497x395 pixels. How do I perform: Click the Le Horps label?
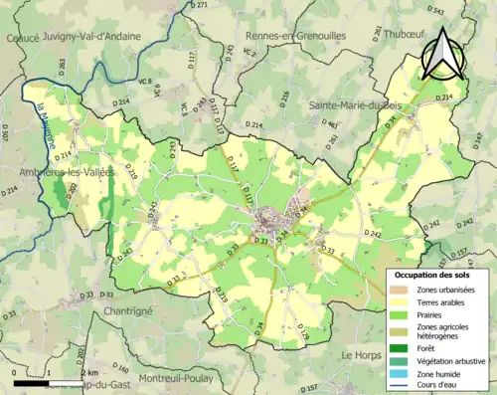[362, 353]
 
